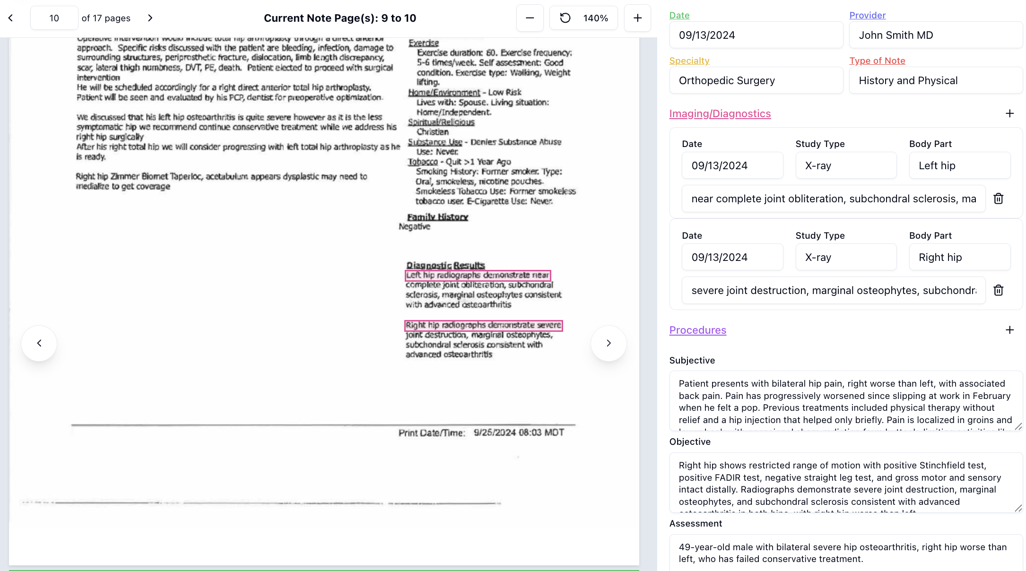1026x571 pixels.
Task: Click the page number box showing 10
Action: pos(54,18)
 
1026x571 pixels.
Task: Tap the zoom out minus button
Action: pos(530,18)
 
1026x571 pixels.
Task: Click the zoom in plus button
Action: pos(637,18)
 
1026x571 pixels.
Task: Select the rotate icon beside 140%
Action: pos(565,18)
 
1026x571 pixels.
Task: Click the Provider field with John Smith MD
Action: pos(935,35)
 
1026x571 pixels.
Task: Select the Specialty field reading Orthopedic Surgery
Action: pos(756,80)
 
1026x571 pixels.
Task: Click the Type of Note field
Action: pos(935,80)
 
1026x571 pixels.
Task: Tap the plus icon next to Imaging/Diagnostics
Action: pos(1009,113)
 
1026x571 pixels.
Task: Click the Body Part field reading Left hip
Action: pos(959,165)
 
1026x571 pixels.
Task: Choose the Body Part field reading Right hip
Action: pos(959,257)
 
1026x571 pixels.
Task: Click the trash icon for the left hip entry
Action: pos(998,199)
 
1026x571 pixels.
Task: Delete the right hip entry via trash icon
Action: pos(998,290)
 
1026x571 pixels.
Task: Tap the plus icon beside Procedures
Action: pos(1009,330)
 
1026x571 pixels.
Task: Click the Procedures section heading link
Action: pos(697,330)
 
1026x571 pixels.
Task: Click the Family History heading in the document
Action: pos(437,217)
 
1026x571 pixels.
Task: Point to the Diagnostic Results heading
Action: pos(445,265)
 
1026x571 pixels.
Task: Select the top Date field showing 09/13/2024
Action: pos(756,35)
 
